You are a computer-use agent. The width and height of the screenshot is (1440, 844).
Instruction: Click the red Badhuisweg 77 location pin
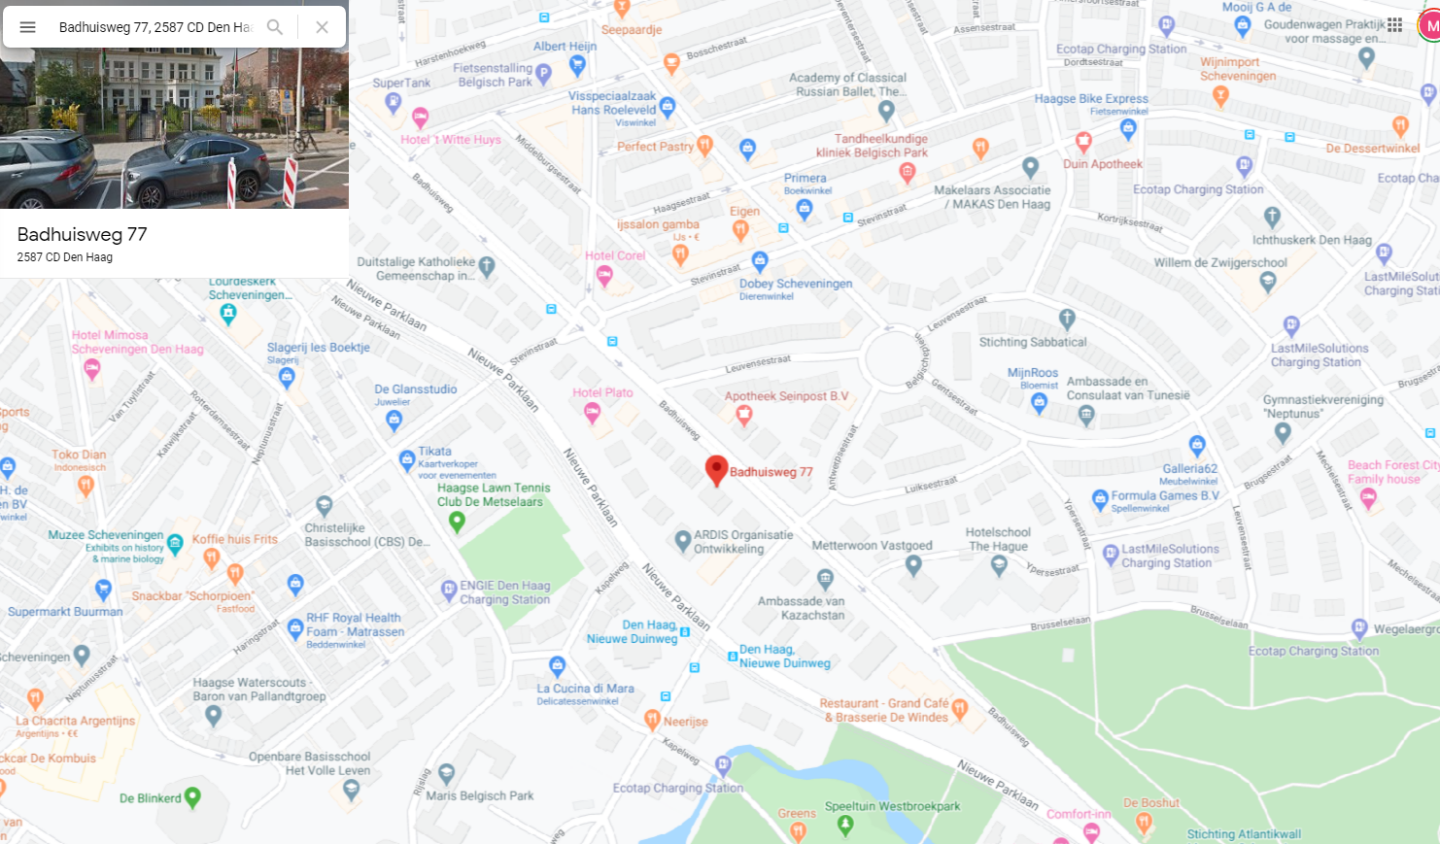[x=716, y=469]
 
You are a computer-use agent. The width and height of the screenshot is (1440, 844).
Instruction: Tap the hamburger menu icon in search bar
[x=28, y=27]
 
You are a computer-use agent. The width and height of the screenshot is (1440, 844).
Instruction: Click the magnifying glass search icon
[x=275, y=27]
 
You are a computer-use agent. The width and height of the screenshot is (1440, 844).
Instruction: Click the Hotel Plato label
[x=602, y=392]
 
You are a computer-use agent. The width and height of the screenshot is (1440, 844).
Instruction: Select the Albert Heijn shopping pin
[x=577, y=65]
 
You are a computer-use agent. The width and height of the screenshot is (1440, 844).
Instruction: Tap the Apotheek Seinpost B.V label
[x=786, y=396]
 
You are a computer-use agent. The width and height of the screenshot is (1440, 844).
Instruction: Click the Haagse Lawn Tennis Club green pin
[x=457, y=521]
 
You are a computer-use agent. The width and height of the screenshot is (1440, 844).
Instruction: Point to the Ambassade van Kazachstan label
[x=802, y=608]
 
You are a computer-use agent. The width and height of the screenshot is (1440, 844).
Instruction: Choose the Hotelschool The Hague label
[x=998, y=539]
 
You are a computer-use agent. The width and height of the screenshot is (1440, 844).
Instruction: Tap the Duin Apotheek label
[x=1103, y=164]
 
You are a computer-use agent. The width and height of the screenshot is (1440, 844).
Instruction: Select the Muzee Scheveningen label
[x=106, y=535]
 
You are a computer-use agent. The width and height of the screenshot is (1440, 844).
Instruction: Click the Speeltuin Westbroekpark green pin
[x=845, y=825]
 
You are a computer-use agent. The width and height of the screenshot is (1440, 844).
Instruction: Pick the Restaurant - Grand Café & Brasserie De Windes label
[x=884, y=710]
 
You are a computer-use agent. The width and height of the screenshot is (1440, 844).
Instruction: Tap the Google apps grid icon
[x=1394, y=25]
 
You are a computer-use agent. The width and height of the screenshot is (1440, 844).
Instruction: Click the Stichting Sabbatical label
[x=1033, y=342]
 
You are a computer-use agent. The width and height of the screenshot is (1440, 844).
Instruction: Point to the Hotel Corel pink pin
[x=604, y=276]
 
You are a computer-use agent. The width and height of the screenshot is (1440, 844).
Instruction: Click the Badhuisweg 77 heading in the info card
[x=83, y=234]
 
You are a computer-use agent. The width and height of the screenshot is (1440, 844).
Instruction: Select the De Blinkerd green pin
[x=192, y=797]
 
